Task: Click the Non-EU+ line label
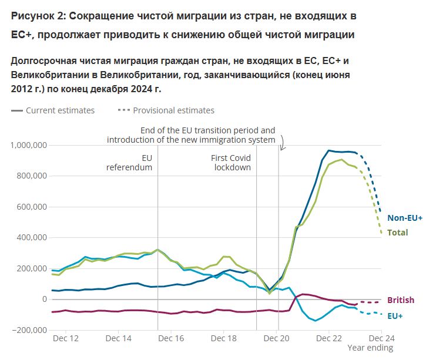(x=404, y=218)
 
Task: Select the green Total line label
(x=397, y=233)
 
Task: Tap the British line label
(x=400, y=300)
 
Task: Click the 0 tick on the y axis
(x=43, y=299)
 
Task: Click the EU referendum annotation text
(x=129, y=163)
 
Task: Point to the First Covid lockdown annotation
(x=231, y=163)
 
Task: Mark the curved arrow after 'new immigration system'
(x=281, y=143)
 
